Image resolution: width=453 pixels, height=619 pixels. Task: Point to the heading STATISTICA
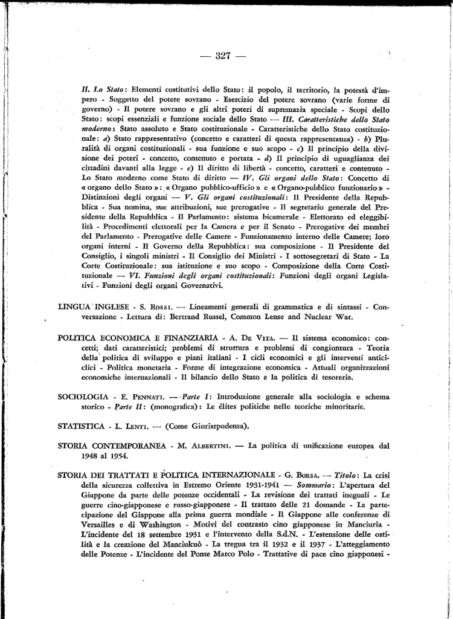[80, 426]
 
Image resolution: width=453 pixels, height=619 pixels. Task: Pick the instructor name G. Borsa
[301, 475]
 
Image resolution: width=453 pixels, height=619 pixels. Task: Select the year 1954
[119, 456]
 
